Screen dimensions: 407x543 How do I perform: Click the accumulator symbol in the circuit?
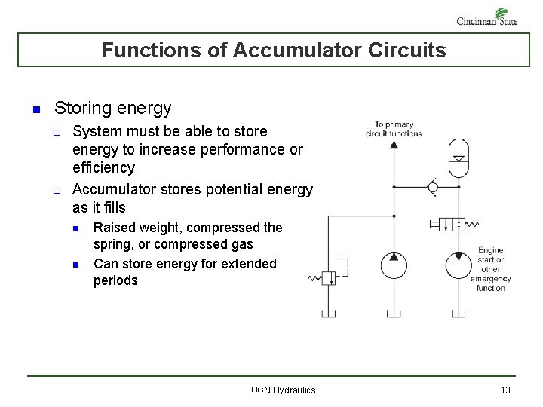tap(458, 158)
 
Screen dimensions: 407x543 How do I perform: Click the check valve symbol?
tap(433, 185)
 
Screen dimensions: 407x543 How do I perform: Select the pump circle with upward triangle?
tap(394, 265)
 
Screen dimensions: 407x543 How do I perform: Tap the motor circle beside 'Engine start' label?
tap(458, 265)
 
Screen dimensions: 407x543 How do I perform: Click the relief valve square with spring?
tap(329, 278)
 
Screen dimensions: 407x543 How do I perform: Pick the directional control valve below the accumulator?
tap(452, 224)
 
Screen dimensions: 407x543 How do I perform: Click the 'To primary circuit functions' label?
tap(394, 129)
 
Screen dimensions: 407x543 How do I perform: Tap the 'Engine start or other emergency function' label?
tap(490, 268)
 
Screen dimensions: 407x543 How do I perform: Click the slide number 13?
tap(505, 390)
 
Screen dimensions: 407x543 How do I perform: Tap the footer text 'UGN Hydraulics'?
tap(283, 390)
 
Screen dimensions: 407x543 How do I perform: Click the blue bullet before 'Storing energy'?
tap(35, 110)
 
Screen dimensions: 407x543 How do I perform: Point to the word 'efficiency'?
tap(103, 167)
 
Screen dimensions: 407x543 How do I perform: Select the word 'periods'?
tap(115, 280)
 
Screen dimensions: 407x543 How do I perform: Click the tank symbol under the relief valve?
tap(329, 312)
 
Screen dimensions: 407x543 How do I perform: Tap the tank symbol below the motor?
tap(458, 312)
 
